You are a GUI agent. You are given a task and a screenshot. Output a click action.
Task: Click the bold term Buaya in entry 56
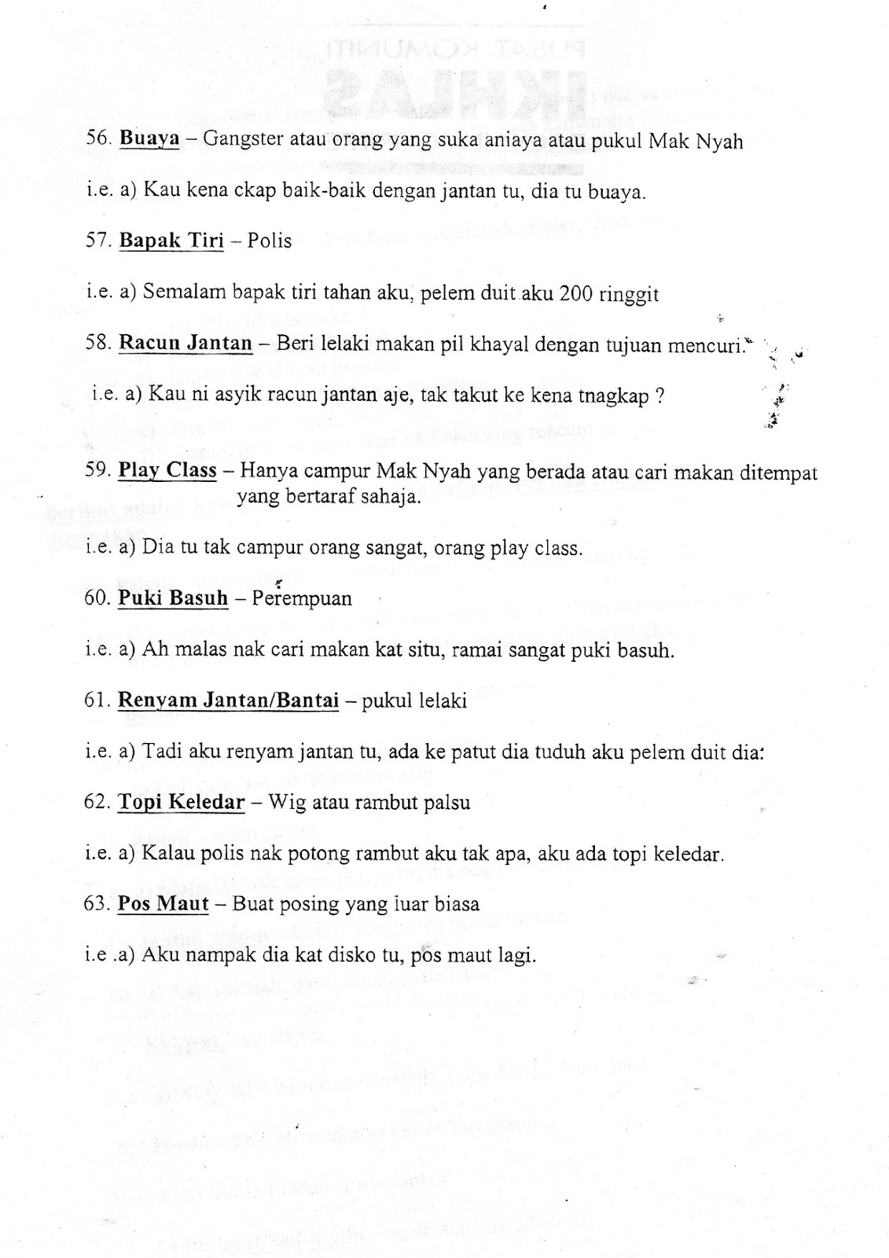(149, 140)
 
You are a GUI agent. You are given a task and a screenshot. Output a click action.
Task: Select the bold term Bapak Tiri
(171, 241)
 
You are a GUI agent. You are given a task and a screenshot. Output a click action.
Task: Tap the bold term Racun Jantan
(186, 343)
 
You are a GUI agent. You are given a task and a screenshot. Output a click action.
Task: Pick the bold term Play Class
(167, 471)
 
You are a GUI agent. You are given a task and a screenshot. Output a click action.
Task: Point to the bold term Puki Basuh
(173, 598)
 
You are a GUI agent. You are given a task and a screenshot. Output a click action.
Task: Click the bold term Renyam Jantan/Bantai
(228, 700)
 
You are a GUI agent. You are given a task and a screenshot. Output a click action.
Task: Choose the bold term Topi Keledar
(181, 803)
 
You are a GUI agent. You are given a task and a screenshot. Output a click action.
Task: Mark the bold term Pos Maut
(163, 904)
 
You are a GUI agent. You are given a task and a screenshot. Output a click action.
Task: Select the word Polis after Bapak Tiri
(270, 241)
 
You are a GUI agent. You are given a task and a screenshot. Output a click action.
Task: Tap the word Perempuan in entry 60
(302, 598)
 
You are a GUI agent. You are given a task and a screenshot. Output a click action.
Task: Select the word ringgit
(630, 295)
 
